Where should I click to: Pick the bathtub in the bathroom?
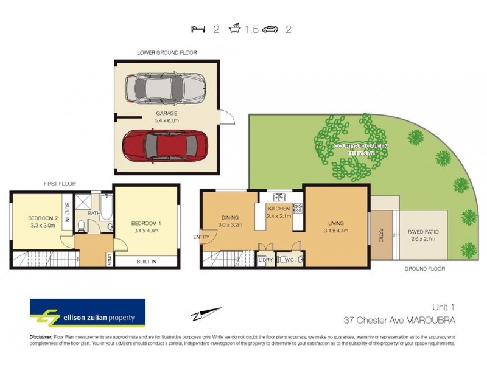tap(106, 206)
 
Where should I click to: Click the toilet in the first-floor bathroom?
tap(82, 227)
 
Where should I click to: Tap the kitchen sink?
tap(280, 197)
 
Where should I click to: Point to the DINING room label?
tap(229, 217)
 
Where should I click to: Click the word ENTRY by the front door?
tap(201, 237)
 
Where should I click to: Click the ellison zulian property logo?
tap(88, 313)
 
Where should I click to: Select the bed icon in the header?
tap(197, 29)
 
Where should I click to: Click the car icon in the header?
tap(270, 29)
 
